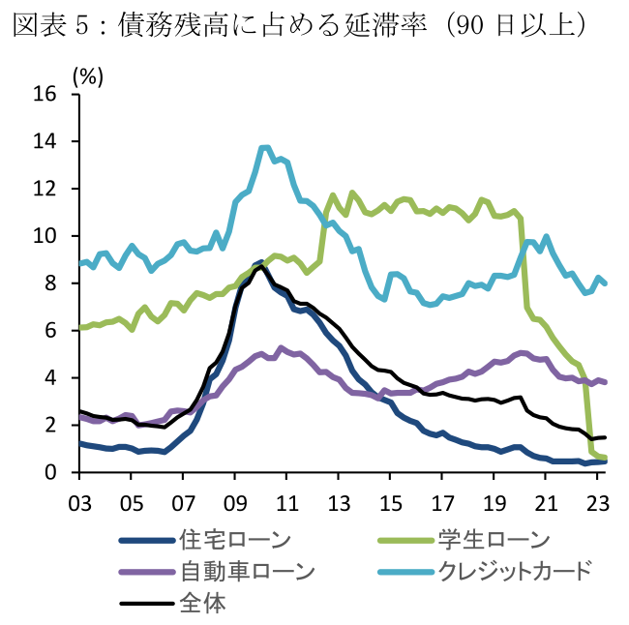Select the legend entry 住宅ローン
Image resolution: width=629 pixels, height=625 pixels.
pos(236,540)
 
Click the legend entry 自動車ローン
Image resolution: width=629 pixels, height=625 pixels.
pos(248,571)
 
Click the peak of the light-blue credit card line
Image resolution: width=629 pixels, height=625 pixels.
pos(264,147)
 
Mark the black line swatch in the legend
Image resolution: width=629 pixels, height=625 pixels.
pos(145,603)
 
